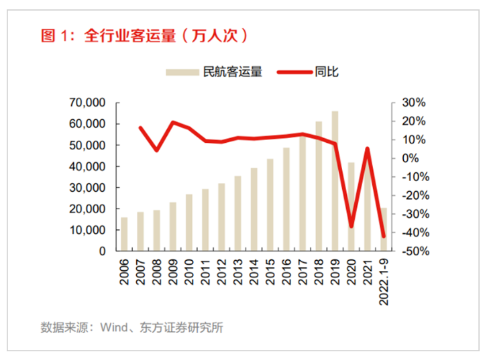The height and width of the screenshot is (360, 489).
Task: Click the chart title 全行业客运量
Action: click(130, 36)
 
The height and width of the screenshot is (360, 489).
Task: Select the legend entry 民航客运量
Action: click(214, 72)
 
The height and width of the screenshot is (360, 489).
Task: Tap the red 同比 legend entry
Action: click(308, 72)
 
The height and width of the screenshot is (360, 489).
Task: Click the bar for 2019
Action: click(335, 181)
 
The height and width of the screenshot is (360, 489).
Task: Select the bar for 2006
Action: click(124, 234)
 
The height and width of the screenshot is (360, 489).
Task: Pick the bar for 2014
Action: click(254, 209)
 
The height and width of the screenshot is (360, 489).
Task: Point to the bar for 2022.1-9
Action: click(384, 229)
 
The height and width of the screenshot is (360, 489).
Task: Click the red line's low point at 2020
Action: click(351, 226)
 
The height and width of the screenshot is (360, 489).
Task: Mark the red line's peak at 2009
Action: click(173, 122)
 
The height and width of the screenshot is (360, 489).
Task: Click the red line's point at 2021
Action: click(368, 149)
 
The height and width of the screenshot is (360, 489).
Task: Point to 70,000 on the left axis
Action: click(87, 103)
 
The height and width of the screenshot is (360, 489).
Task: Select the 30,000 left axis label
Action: click(87, 188)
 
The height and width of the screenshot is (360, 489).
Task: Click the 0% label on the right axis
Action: click(410, 158)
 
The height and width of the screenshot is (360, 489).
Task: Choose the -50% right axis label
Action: click(415, 251)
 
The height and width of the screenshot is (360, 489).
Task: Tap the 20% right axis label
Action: click(413, 121)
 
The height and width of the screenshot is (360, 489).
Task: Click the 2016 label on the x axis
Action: click(286, 272)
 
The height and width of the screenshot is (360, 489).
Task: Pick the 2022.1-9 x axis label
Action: click(384, 282)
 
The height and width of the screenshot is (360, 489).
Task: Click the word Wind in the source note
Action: click(114, 328)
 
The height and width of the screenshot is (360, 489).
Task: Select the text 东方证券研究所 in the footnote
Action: click(182, 328)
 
